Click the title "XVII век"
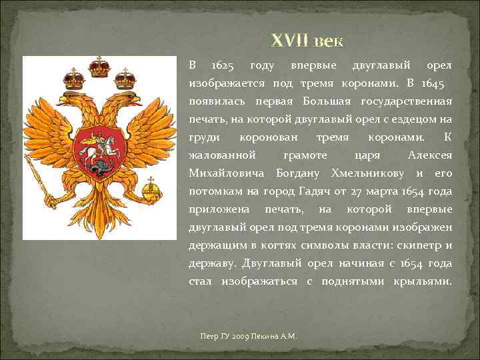(307, 41)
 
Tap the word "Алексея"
(429, 155)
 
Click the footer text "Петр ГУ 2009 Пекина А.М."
(248, 336)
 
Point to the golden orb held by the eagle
(153, 193)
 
